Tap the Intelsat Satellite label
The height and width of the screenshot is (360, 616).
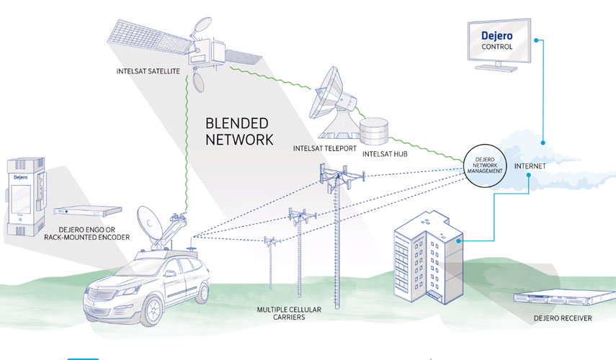148,71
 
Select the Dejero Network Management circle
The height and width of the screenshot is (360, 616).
485,166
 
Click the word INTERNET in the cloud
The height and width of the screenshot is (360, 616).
530,166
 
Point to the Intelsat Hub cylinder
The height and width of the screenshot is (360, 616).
374,131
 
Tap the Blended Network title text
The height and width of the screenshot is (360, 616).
239,132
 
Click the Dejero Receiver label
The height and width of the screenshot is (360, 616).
563,318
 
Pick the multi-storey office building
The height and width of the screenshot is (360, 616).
429,258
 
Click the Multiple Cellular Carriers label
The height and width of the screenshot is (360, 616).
289,313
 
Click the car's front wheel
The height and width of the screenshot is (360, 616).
152,311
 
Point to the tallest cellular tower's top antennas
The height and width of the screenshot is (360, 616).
341,176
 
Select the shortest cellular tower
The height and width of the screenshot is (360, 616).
271,263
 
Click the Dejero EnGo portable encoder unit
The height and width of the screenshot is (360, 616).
25,197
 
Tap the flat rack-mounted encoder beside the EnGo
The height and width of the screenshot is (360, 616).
88,211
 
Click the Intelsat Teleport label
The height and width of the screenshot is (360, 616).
324,148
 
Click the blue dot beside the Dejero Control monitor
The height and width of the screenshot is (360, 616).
536,40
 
